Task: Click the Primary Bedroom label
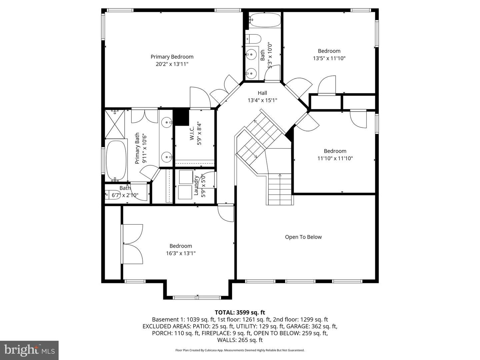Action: [x=172, y=57]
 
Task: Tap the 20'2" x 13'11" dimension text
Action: [x=172, y=64]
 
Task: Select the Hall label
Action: [x=262, y=93]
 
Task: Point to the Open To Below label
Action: [x=303, y=237]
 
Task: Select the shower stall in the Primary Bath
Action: [x=115, y=124]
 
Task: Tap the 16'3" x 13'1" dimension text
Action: [x=181, y=253]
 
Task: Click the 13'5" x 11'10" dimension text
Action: [x=329, y=58]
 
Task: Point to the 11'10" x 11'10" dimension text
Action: [x=335, y=159]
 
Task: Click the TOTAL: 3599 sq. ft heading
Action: [x=240, y=312]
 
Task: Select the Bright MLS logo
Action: [x=29, y=350]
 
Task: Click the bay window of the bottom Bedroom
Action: [x=197, y=297]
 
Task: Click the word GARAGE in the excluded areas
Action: [x=305, y=326]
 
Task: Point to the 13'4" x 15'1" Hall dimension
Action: [x=262, y=100]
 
